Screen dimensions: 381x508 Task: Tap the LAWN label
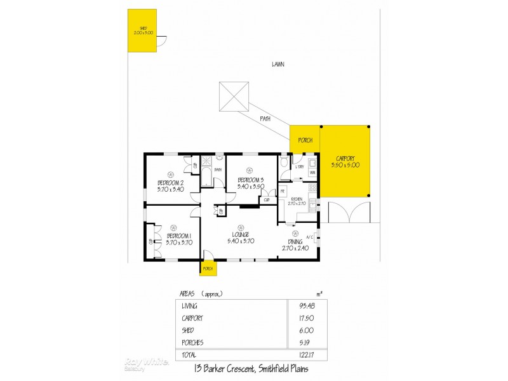coord(277,65)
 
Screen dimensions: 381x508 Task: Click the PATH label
coord(265,119)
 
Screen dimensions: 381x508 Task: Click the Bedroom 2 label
coord(170,184)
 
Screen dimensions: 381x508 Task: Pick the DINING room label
coord(295,241)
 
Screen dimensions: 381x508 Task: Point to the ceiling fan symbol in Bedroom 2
coord(170,174)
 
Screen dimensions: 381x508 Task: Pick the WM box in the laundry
coord(312,173)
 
